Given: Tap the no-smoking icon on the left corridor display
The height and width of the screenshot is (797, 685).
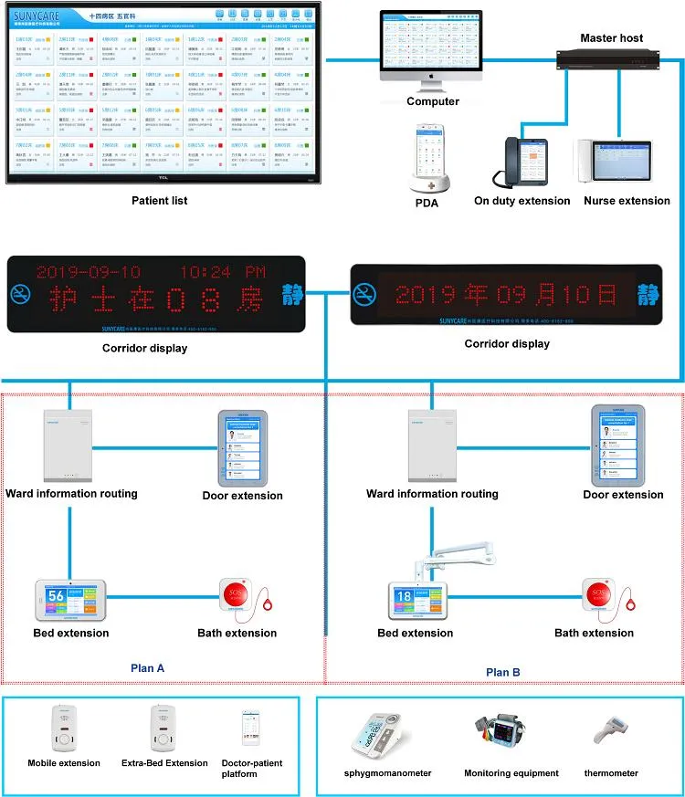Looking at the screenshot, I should click(x=20, y=294).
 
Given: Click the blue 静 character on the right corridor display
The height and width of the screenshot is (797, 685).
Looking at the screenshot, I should click(x=649, y=294).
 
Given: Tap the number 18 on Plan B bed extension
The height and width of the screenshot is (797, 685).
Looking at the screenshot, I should click(x=402, y=597).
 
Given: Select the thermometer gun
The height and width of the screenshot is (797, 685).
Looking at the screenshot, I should click(x=612, y=731).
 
